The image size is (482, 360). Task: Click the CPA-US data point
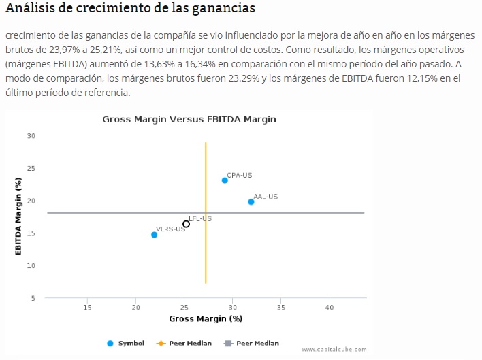pos(225,180)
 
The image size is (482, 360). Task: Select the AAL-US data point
pos(251,202)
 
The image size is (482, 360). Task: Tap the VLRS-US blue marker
pos(155,235)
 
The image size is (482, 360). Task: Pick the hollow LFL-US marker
pos(186,224)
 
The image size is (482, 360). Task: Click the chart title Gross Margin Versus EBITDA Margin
pos(189,119)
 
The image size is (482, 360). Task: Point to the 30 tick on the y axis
pos(31,136)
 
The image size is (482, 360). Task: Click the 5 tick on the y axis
pos(33,298)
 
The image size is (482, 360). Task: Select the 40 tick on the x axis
pos(330,308)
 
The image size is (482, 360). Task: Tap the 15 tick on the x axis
pos(87,308)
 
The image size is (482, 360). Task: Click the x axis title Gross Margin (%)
pos(206,318)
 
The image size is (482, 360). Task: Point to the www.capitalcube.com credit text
pos(334,350)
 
